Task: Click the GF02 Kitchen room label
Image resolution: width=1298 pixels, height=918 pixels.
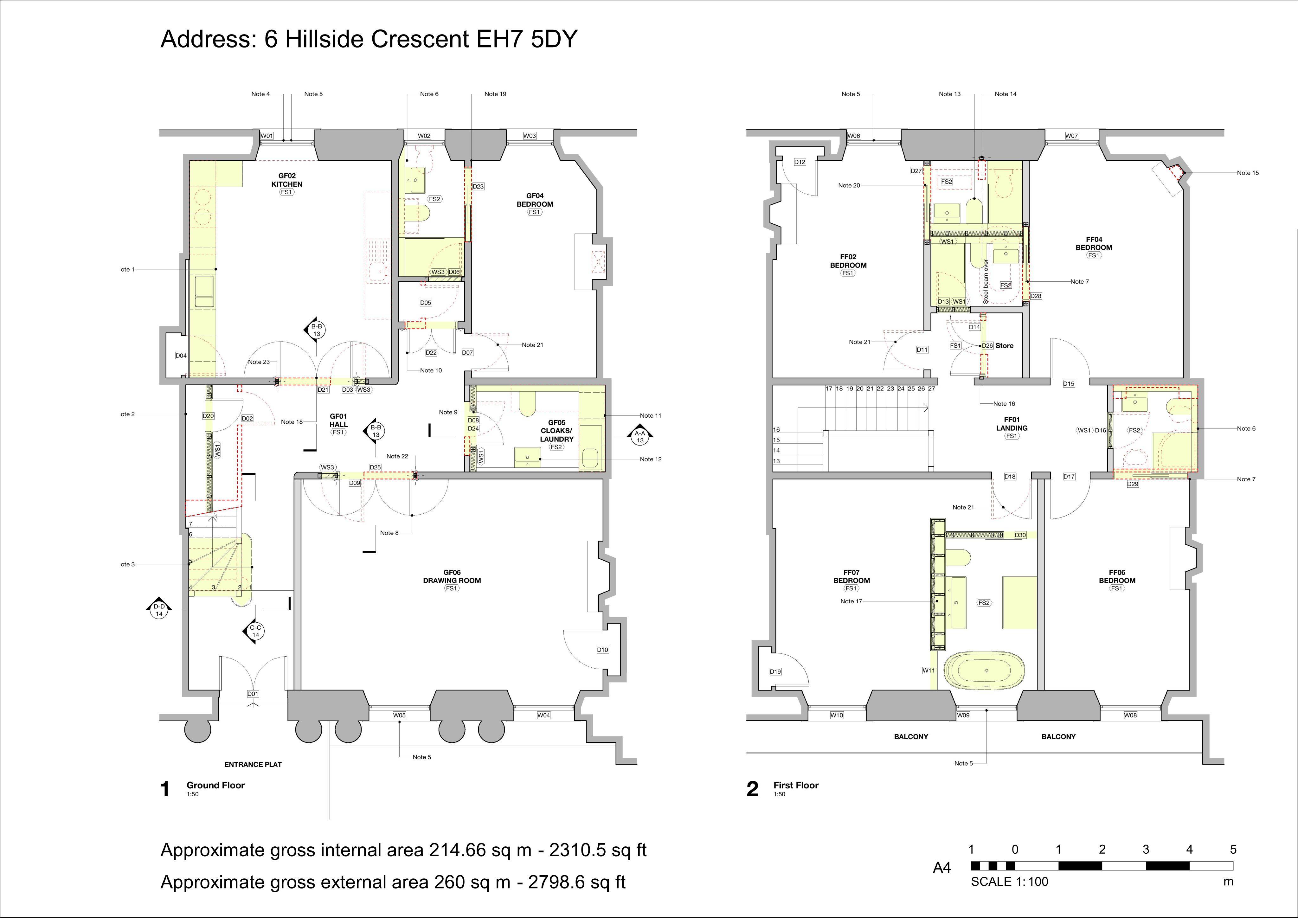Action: [286, 180]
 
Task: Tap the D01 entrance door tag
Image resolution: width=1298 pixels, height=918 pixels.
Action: [253, 694]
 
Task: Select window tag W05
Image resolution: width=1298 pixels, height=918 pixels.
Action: [399, 715]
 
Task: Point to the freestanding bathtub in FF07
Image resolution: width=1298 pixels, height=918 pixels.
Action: [986, 671]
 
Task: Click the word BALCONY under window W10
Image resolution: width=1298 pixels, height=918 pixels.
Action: [911, 736]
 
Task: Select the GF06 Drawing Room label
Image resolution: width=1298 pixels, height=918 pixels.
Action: [452, 576]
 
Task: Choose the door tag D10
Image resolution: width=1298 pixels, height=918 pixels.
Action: [603, 650]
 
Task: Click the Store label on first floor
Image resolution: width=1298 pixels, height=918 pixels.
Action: [1005, 345]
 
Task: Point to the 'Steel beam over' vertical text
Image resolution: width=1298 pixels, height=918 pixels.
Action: [985, 281]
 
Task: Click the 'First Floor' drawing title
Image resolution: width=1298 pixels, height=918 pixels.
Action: [796, 785]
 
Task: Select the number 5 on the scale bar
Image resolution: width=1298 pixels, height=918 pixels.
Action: [1233, 849]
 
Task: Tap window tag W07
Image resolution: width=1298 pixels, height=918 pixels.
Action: [1072, 136]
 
